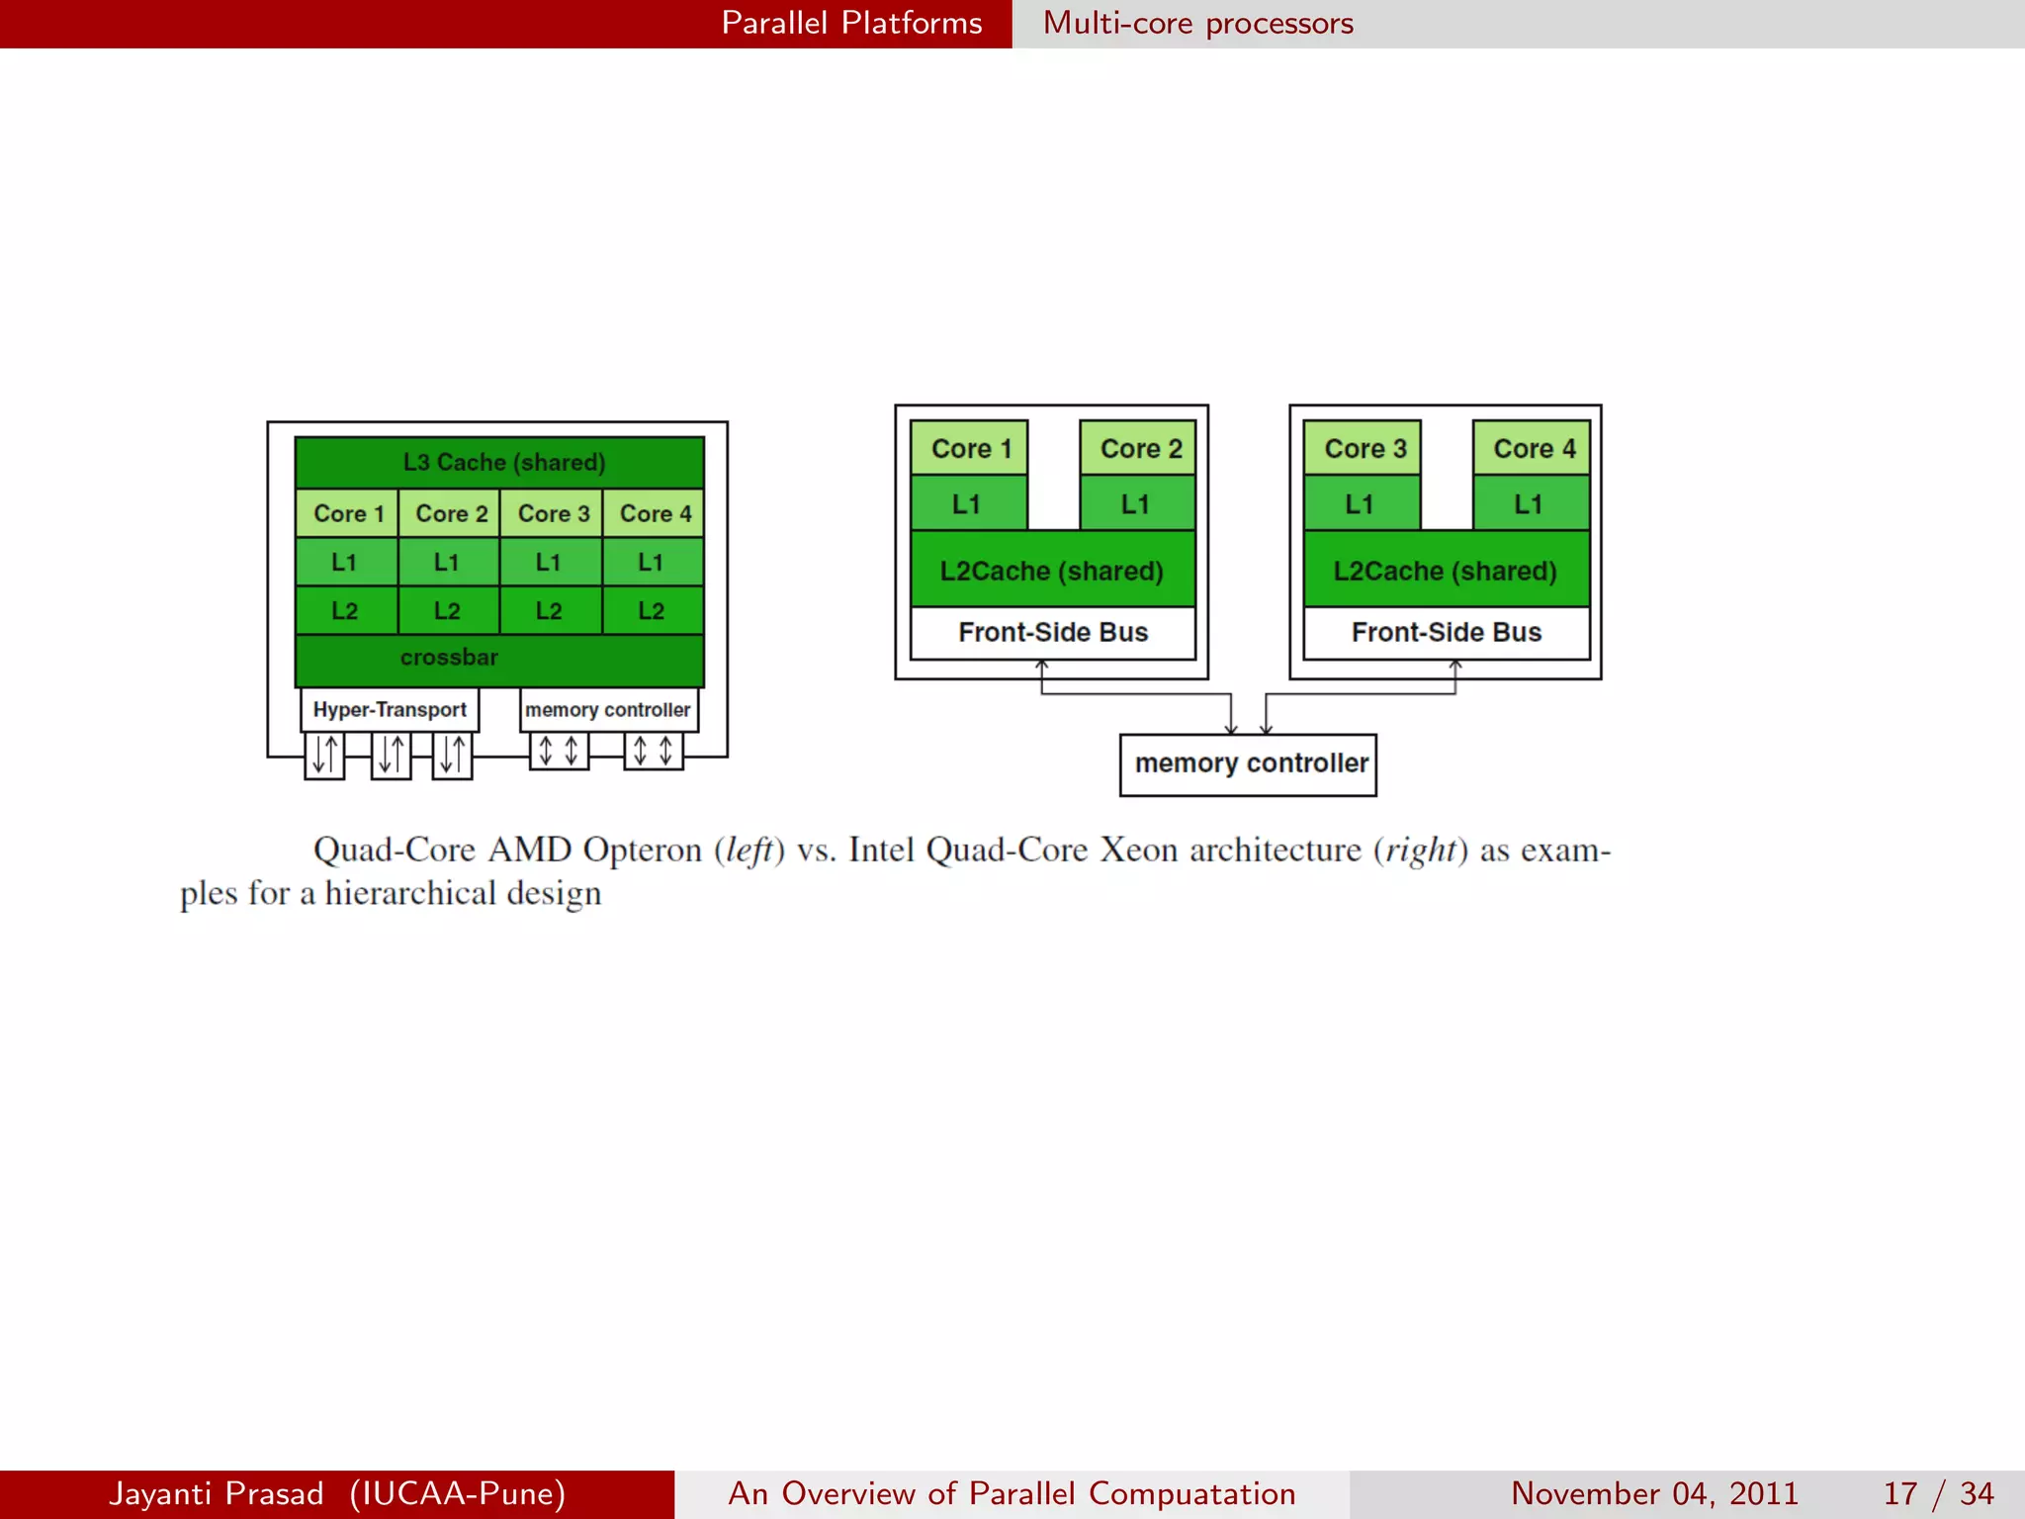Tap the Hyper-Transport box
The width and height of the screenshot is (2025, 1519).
click(390, 710)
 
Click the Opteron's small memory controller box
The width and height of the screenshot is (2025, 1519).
click(608, 710)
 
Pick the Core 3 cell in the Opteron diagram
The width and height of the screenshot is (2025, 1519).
click(552, 513)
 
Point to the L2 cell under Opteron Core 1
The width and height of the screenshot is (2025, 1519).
click(346, 611)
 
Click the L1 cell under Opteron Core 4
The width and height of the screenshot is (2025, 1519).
click(653, 562)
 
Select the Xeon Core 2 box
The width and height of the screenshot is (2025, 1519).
click(1139, 448)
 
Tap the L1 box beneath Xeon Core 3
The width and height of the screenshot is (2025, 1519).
click(1362, 503)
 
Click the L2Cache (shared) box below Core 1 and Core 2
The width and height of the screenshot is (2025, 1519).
click(1052, 571)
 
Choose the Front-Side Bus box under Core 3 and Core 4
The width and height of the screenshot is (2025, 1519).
click(1446, 632)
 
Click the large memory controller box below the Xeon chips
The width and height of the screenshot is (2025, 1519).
click(1248, 763)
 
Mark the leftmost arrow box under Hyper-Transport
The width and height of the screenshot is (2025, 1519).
click(324, 755)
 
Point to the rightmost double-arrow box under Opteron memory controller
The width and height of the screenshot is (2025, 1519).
click(653, 751)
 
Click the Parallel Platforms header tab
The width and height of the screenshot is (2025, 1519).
click(850, 23)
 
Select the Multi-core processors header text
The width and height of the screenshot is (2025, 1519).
click(1197, 23)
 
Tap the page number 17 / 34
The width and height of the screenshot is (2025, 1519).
click(1937, 1493)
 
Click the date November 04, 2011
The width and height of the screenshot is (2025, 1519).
click(1653, 1493)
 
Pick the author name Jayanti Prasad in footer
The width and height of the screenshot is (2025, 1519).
click(217, 1493)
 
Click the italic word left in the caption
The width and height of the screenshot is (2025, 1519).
click(748, 850)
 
